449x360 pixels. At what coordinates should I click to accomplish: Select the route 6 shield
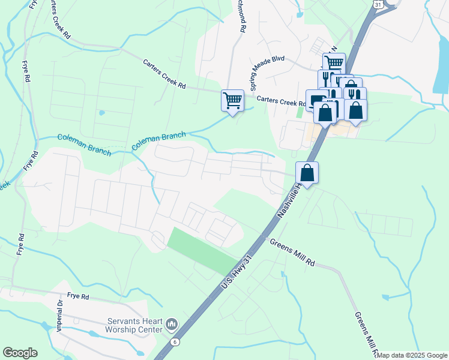point(174,341)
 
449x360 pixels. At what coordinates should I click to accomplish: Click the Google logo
point(20,353)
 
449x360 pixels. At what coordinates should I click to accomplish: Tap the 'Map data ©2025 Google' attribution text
point(412,355)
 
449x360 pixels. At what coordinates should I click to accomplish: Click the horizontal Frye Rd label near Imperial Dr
point(78,296)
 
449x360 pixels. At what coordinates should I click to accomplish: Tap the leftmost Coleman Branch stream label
point(84,145)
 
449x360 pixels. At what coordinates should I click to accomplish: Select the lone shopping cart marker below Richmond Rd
point(232,100)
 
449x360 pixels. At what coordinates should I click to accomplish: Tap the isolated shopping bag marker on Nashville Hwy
point(307,173)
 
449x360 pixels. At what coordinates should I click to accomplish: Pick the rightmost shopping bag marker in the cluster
point(355,110)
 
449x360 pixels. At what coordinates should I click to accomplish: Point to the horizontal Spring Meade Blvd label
point(277,60)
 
